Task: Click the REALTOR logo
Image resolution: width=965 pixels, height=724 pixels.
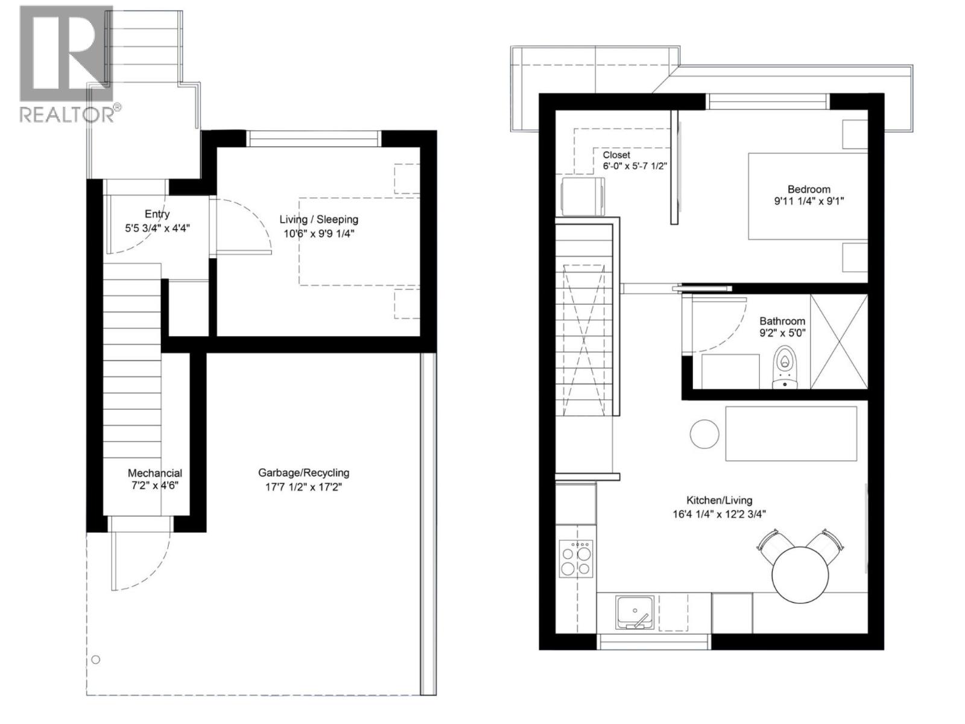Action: click(71, 64)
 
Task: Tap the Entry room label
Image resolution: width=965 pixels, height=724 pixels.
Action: click(157, 214)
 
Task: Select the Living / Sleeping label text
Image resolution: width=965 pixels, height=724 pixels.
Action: click(318, 220)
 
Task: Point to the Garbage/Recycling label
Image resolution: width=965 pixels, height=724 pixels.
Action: click(303, 472)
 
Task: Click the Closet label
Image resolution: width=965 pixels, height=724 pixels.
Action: click(616, 154)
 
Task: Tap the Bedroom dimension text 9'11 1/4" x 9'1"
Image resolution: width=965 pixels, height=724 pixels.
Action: click(809, 202)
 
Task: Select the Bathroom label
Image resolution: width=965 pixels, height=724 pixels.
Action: click(782, 321)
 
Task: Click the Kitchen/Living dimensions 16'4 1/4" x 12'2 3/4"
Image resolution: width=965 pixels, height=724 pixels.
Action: click(720, 514)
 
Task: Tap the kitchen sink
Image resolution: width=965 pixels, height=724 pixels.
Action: click(634, 613)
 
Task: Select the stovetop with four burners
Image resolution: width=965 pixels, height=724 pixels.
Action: click(575, 558)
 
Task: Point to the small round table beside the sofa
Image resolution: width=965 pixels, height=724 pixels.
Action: click(704, 434)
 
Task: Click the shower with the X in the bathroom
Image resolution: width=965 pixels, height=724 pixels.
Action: click(839, 341)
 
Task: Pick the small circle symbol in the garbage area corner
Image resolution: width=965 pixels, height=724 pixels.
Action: click(96, 660)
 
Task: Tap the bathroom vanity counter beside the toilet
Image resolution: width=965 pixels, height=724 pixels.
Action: click(730, 372)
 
